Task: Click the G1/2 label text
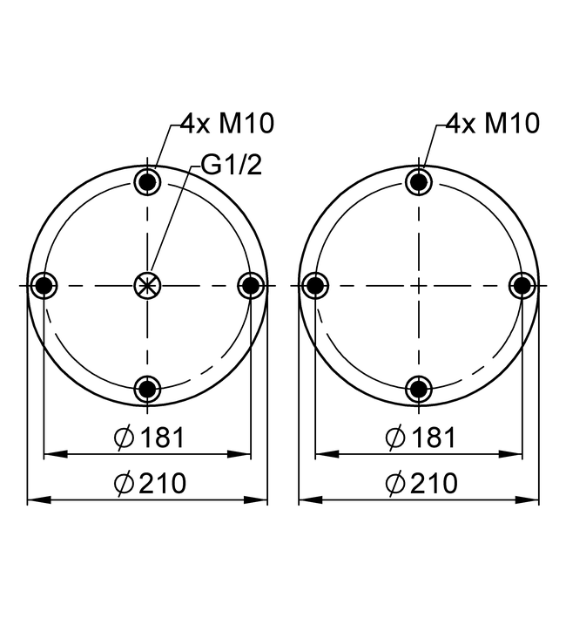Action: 232,165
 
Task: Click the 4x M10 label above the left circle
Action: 227,123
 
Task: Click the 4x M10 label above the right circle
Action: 493,123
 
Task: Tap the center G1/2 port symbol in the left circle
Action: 148,285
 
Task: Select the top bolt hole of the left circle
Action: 148,181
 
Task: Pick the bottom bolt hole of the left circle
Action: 148,389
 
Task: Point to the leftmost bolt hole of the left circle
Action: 44,285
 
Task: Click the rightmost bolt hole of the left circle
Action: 251,285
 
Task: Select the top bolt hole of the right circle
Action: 419,181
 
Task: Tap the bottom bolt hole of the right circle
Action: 419,389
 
